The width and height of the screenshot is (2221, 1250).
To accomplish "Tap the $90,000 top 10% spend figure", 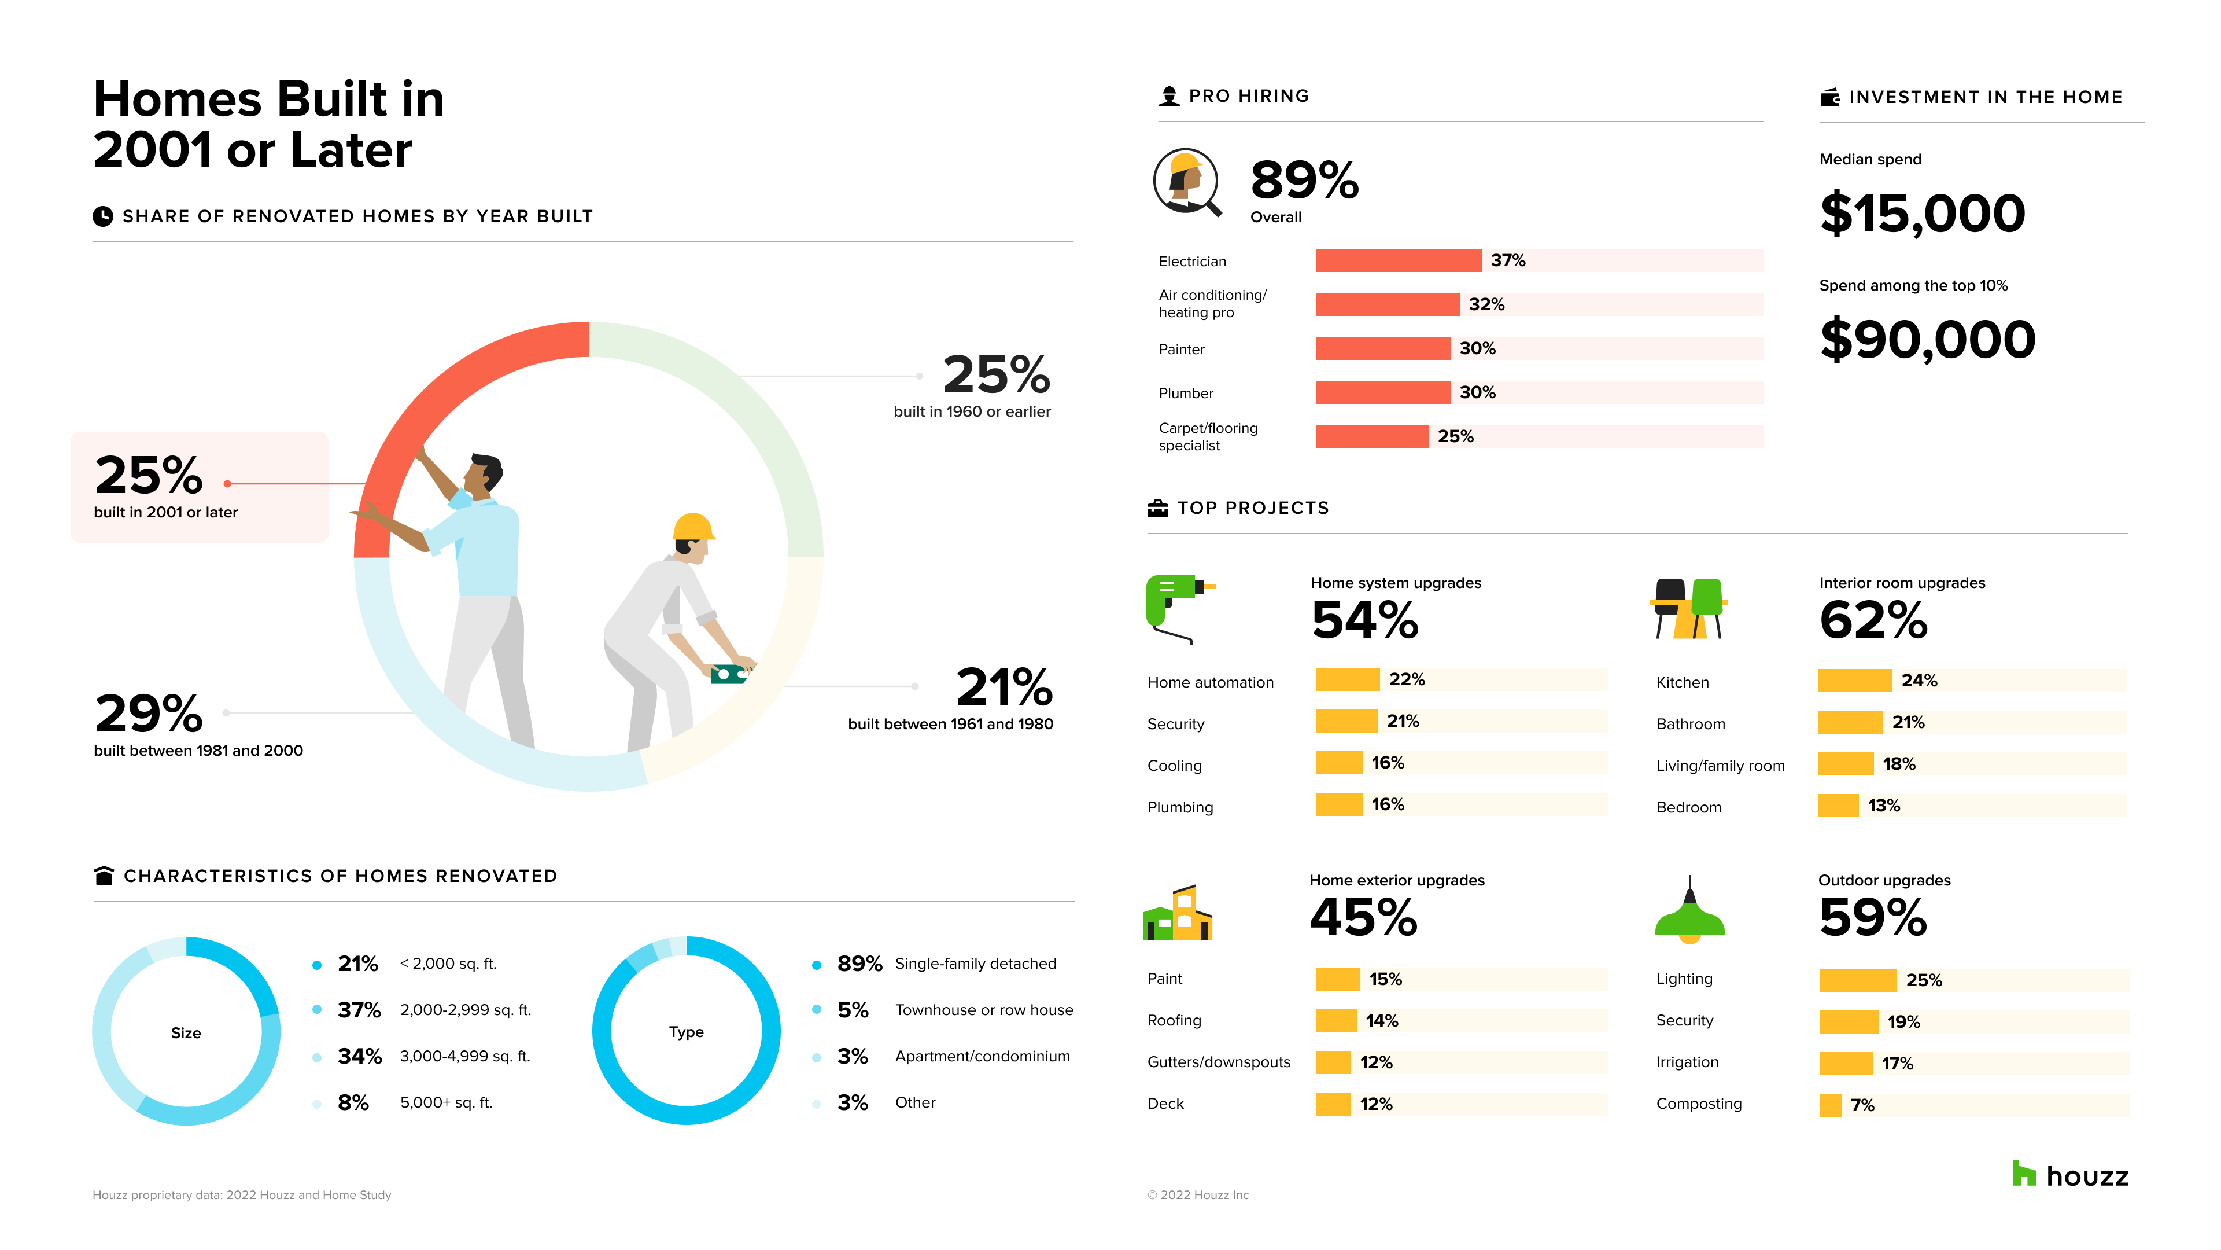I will coord(1927,340).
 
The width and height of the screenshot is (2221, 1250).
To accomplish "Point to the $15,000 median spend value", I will coord(1922,214).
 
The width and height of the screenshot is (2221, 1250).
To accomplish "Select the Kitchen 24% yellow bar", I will coord(1854,681).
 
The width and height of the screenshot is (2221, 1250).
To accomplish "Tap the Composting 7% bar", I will coord(1829,1105).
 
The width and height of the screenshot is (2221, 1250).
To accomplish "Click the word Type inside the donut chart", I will coord(687,1032).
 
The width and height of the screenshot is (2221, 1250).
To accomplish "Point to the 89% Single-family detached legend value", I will coord(859,965).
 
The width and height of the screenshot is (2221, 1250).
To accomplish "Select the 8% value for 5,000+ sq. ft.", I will coord(353,1104).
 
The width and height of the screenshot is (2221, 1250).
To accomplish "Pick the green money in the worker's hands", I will coord(729,674).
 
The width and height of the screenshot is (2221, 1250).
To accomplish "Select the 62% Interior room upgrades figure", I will coord(1873,620).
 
